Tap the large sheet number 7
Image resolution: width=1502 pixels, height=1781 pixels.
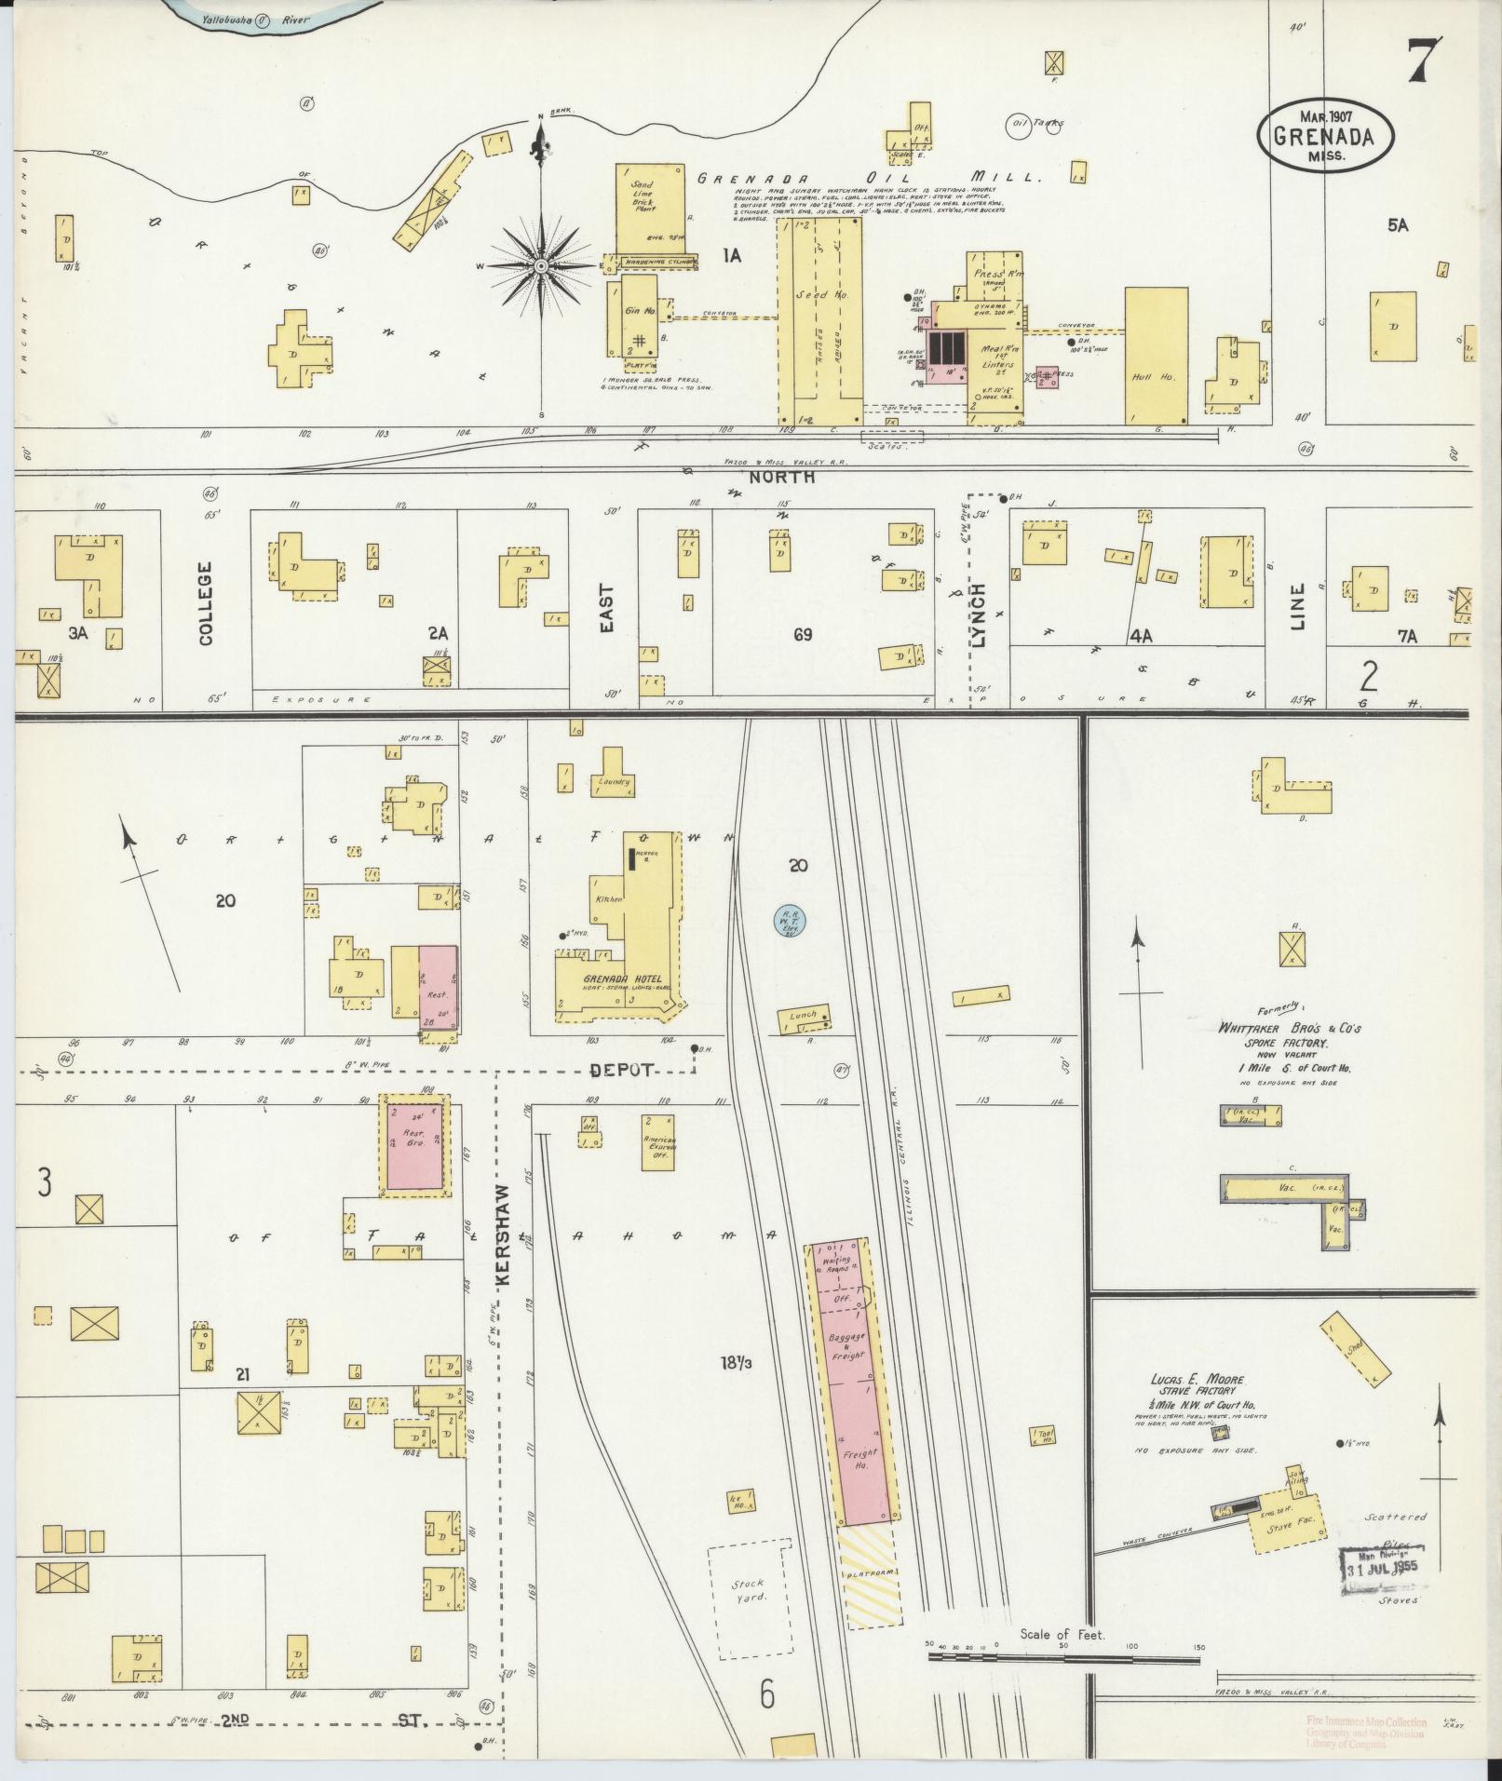pos(1424,62)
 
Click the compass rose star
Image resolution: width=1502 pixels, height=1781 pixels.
pos(540,267)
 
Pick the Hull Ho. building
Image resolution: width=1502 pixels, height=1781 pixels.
pos(1156,355)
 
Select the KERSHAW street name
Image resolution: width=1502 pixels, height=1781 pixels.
pos(505,1235)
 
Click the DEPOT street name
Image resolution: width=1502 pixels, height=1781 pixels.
pos(626,1071)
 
